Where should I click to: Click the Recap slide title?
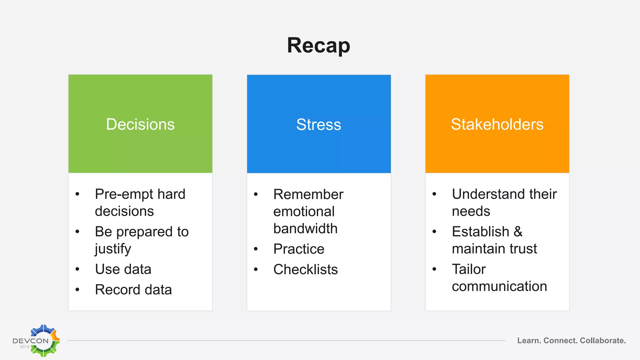pyautogui.click(x=318, y=46)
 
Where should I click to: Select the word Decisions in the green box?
pyautogui.click(x=140, y=124)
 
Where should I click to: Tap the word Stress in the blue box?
pyautogui.click(x=318, y=125)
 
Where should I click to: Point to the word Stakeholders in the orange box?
pyautogui.click(x=497, y=124)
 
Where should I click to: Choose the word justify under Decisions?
pyautogui.click(x=113, y=249)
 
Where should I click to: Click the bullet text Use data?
pyautogui.click(x=123, y=269)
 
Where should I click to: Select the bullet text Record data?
pyautogui.click(x=133, y=290)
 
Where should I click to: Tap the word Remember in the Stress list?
pyautogui.click(x=308, y=194)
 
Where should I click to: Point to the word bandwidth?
pyautogui.click(x=305, y=229)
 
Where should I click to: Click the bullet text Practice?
pyautogui.click(x=299, y=249)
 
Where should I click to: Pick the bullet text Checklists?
pyautogui.click(x=305, y=270)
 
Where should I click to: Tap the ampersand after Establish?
pyautogui.click(x=518, y=232)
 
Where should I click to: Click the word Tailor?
pyautogui.click(x=469, y=269)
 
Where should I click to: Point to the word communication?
pyautogui.click(x=499, y=287)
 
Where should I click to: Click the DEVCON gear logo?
pyautogui.click(x=44, y=341)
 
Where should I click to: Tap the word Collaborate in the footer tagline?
pyautogui.click(x=603, y=341)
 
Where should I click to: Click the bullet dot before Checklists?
pyautogui.click(x=256, y=269)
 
